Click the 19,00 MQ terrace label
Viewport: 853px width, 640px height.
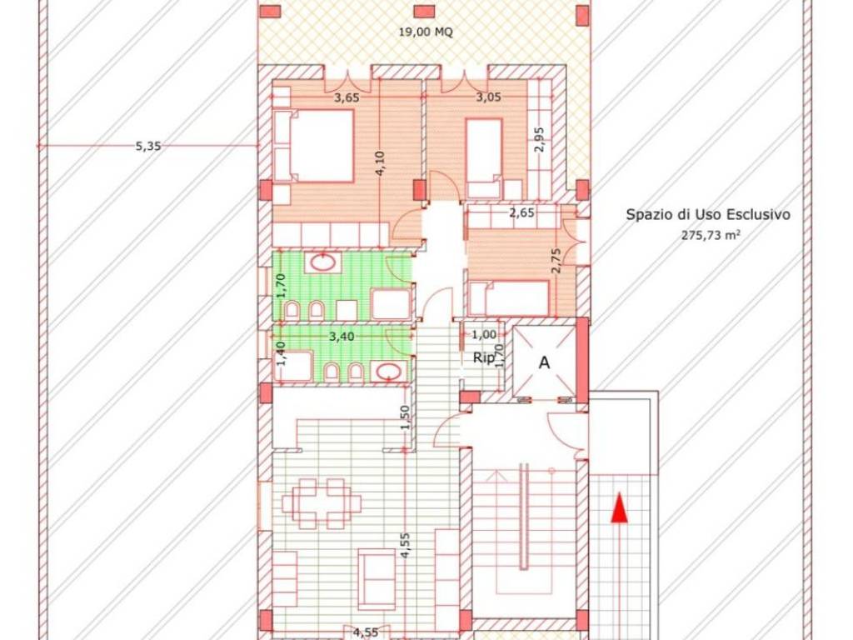click(426, 32)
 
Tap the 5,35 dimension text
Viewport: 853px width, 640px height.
click(148, 146)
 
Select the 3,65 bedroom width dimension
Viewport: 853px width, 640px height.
click(346, 98)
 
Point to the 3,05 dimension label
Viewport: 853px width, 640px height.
click(488, 98)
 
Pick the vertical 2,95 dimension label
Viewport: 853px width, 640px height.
click(539, 140)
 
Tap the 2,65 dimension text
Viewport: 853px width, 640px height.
click(521, 212)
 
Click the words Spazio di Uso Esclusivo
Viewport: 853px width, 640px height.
click(708, 214)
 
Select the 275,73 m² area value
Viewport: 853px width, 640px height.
click(711, 235)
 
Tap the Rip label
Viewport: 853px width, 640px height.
click(484, 358)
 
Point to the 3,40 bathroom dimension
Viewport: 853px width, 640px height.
click(342, 337)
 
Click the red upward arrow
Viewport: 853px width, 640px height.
click(619, 507)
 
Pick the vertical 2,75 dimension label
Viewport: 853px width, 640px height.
click(556, 261)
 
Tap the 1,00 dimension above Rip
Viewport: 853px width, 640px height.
click(484, 335)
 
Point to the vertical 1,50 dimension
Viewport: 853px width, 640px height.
click(404, 417)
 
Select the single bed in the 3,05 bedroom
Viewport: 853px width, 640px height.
click(483, 158)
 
